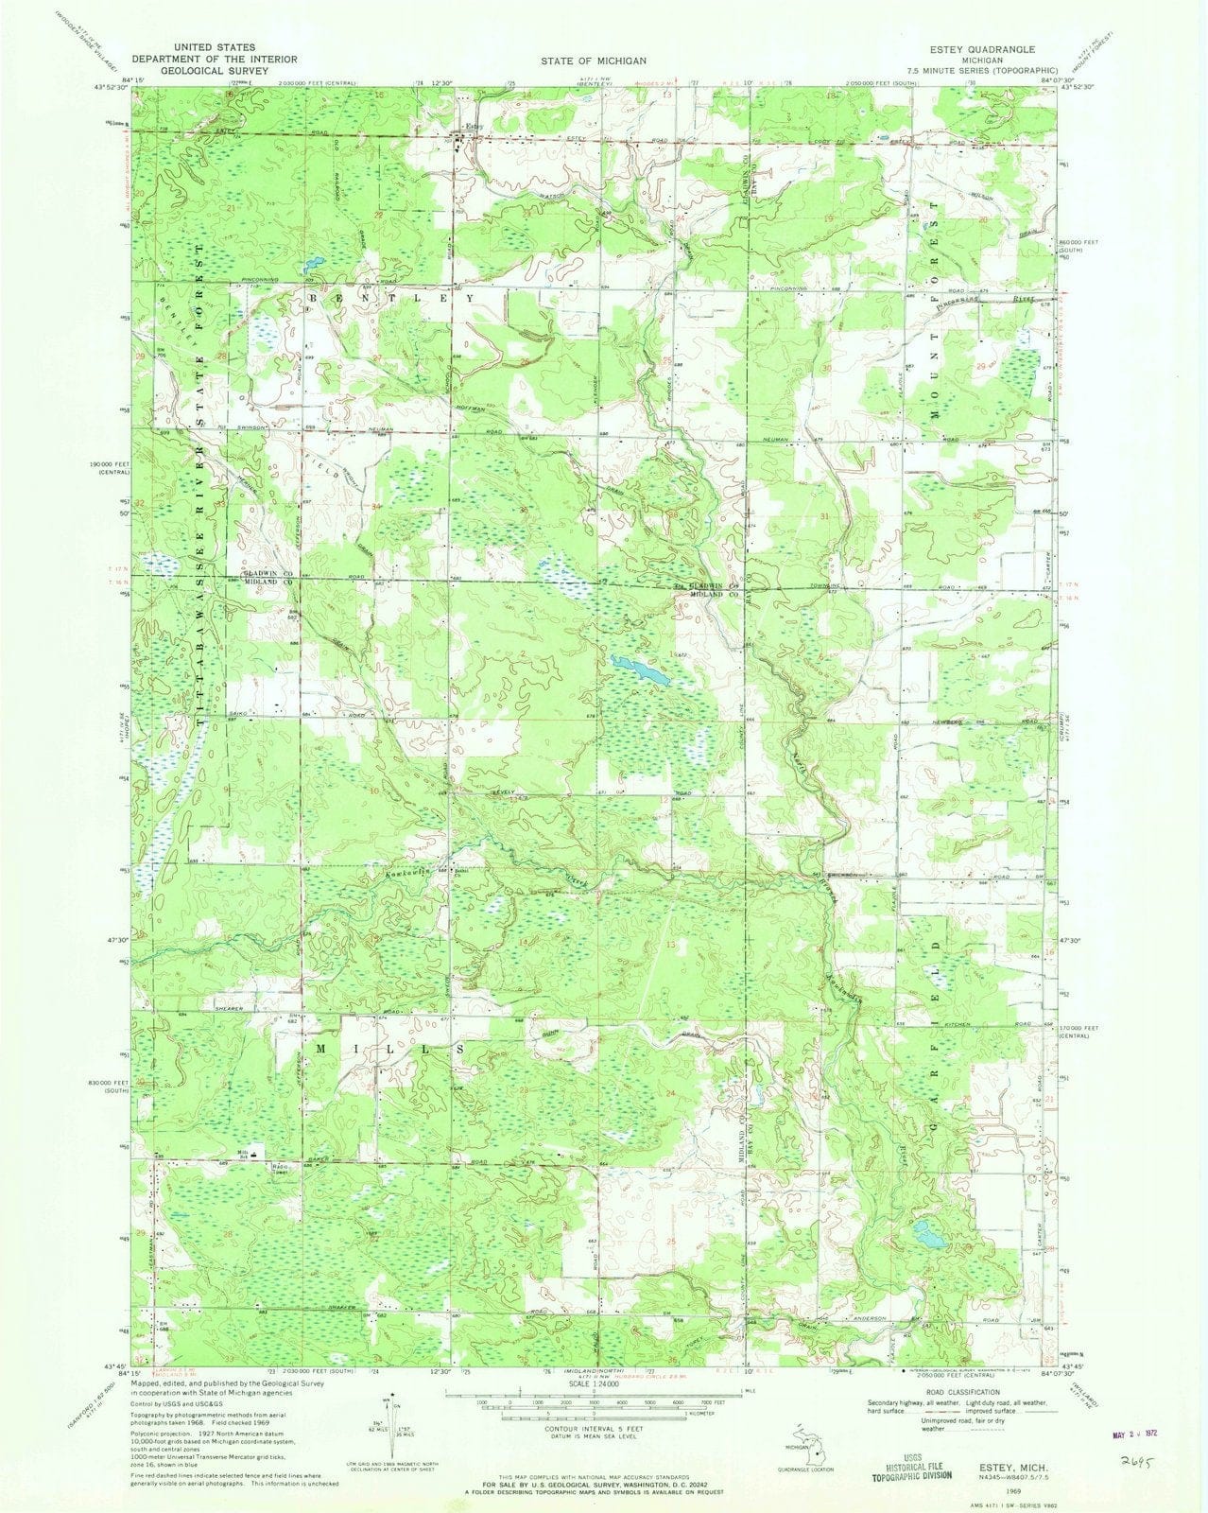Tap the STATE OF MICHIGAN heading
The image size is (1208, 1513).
[x=594, y=60]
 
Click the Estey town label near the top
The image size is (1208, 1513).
[x=473, y=127]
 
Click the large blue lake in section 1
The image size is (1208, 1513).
[x=640, y=672]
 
